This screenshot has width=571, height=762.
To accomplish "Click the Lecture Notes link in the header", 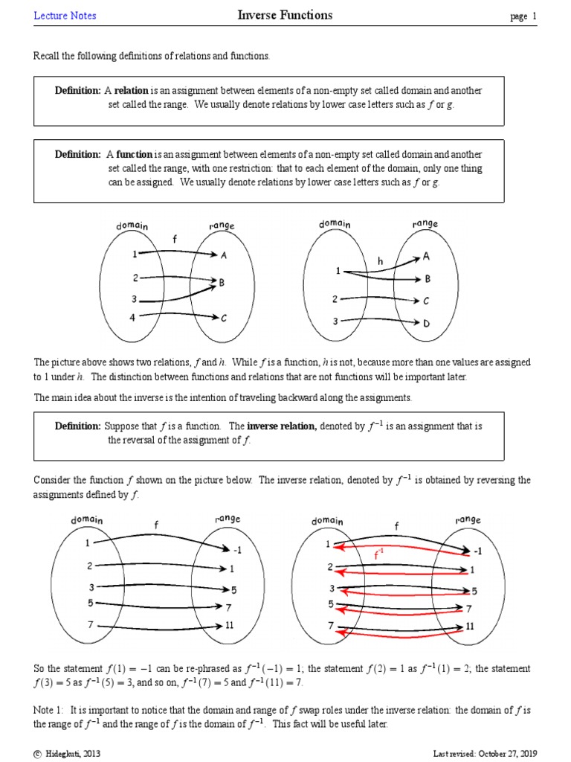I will click(65, 16).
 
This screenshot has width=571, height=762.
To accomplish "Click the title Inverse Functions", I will click(285, 15).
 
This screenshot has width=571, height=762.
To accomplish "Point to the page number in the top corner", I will click(523, 16).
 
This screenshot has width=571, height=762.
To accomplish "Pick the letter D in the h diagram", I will click(427, 323).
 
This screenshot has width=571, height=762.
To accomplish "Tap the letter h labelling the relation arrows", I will click(381, 261).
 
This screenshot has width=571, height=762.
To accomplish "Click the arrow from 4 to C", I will click(178, 316).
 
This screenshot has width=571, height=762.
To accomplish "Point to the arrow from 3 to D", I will click(379, 322).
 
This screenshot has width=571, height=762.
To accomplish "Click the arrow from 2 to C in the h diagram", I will click(379, 299).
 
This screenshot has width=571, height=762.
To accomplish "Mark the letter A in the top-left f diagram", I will click(223, 254).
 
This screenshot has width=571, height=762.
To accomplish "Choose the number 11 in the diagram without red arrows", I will click(230, 625).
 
